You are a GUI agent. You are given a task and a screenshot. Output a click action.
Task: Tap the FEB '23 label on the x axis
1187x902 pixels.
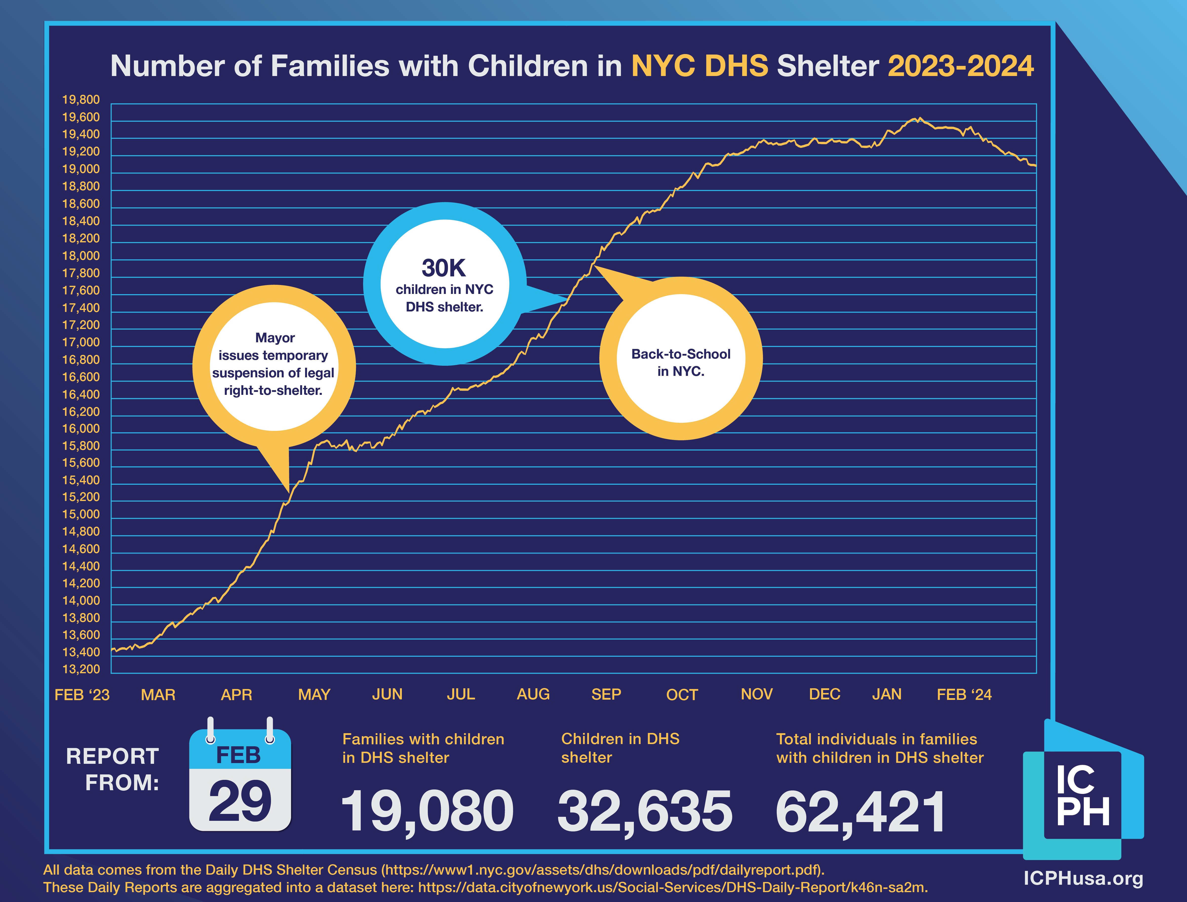[x=82, y=695]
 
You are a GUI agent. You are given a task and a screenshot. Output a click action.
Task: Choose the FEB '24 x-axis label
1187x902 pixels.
[x=964, y=695]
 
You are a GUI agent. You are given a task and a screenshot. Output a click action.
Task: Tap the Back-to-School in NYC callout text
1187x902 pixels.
[x=681, y=363]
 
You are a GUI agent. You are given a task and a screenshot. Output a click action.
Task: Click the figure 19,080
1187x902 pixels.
[x=427, y=811]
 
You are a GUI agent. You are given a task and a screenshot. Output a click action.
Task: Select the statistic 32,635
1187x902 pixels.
[x=645, y=811]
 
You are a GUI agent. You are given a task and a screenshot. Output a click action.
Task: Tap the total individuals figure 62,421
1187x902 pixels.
[x=861, y=811]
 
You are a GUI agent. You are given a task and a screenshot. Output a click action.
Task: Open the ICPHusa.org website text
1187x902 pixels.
[x=1083, y=878]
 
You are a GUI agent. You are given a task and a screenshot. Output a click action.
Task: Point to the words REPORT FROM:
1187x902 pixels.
[x=113, y=769]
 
